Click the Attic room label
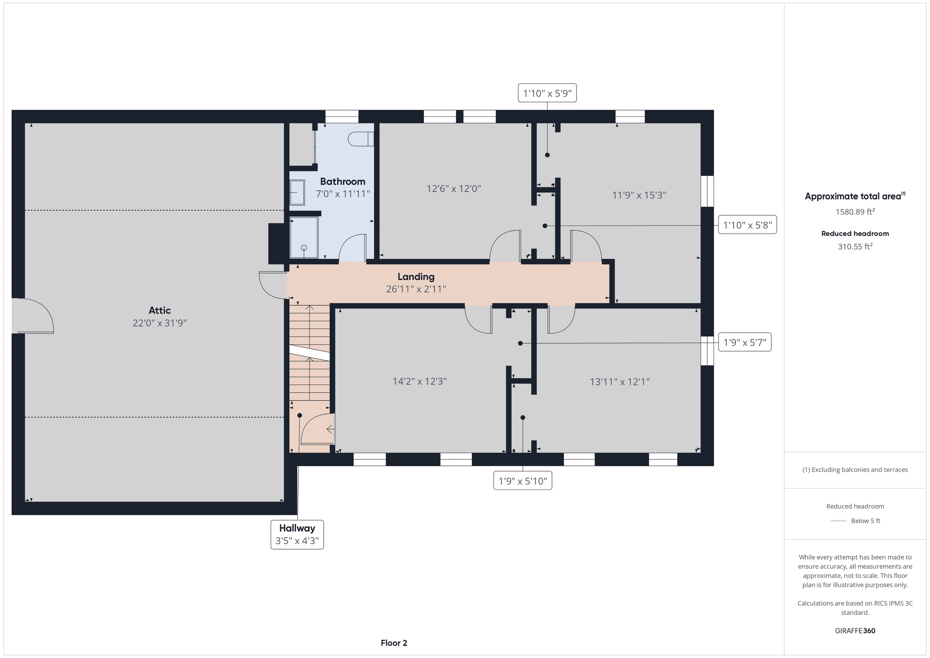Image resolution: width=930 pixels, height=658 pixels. tap(160, 310)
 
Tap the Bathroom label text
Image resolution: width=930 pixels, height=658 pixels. tap(343, 181)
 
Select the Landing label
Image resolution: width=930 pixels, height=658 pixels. tap(416, 277)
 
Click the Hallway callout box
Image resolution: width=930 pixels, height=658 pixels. tap(297, 534)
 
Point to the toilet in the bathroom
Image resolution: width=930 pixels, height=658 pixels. tap(361, 139)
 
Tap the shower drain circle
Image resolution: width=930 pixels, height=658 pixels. tap(304, 248)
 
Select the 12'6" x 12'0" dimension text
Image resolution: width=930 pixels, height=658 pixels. tap(454, 188)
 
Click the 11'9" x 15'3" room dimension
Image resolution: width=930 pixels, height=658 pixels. tap(639, 195)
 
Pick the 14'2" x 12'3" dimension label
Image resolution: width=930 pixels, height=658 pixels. tap(420, 381)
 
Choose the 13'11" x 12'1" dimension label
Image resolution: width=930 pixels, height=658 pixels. tap(620, 382)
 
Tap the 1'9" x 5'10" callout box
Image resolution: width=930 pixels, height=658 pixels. tap(523, 481)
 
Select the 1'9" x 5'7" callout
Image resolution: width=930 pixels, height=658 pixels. tap(745, 342)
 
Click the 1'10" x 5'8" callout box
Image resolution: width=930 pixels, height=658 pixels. tap(748, 225)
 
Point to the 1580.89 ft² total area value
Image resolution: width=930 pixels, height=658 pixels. tap(855, 211)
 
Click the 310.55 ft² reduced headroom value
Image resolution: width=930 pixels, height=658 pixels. tap(855, 246)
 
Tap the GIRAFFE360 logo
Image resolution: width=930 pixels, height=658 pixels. tap(855, 630)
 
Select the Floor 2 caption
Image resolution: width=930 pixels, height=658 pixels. tap(394, 643)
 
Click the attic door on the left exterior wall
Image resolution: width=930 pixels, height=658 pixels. tap(32, 316)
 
